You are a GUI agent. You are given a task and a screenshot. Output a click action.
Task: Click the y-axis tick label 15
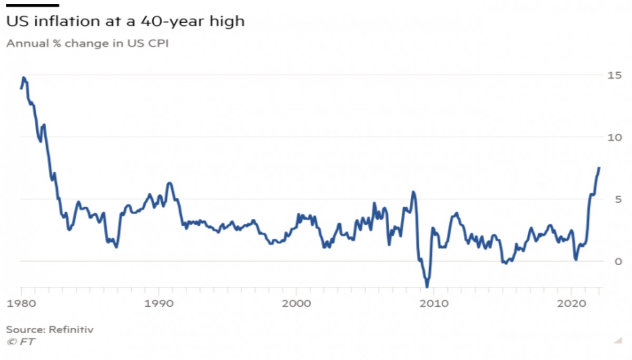tap(614, 75)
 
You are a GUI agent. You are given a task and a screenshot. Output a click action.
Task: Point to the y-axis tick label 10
tap(614, 137)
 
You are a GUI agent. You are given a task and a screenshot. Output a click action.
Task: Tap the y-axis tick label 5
tap(618, 199)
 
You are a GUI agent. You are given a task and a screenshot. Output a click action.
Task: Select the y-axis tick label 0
tap(618, 262)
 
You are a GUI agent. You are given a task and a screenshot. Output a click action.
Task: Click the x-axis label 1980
tap(22, 304)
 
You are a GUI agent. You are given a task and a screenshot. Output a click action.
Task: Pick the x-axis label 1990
tap(159, 304)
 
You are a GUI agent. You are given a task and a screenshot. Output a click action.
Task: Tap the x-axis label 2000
tap(297, 304)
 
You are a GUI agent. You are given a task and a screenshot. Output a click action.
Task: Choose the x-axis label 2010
tap(434, 304)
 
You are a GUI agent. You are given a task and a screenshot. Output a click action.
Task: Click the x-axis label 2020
tap(571, 304)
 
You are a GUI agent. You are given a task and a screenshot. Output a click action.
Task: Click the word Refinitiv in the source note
tap(71, 329)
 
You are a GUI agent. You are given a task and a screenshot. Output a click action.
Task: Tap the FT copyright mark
tap(21, 342)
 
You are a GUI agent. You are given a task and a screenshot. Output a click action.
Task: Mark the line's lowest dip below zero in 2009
tap(427, 287)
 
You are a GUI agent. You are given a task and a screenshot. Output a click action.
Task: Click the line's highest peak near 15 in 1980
tap(24, 77)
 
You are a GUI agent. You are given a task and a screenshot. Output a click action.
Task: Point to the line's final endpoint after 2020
tap(599, 168)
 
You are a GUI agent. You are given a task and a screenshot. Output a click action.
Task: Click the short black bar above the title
tap(33, 5)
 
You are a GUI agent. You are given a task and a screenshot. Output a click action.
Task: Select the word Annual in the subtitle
tap(28, 43)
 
